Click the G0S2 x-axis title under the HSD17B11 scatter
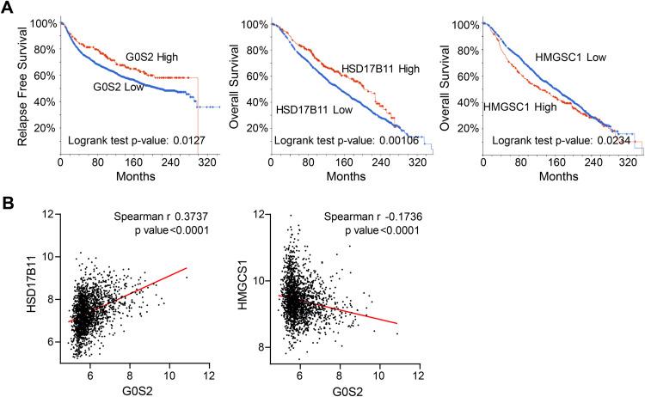138,388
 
